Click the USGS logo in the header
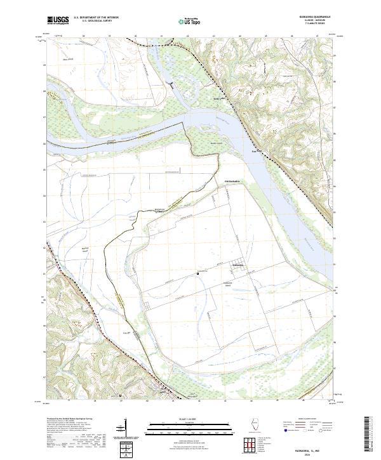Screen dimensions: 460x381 click(58, 21)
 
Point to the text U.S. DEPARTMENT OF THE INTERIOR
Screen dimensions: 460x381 click(96, 18)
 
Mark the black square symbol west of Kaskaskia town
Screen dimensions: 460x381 click(197, 273)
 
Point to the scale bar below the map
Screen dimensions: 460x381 click(189, 425)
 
